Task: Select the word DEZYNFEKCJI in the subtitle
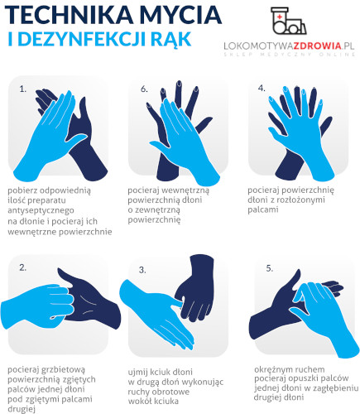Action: [80, 39]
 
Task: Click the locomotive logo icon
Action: [288, 21]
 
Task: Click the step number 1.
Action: [23, 89]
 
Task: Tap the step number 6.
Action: [144, 89]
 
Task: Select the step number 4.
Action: [262, 88]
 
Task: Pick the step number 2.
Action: [23, 267]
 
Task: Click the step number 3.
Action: [142, 270]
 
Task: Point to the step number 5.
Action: [270, 268]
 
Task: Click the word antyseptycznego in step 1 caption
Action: [41, 210]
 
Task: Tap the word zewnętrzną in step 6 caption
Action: [154, 210]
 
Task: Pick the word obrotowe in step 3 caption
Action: [173, 392]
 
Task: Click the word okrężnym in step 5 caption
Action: [275, 369]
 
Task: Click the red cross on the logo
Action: [280, 17]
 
